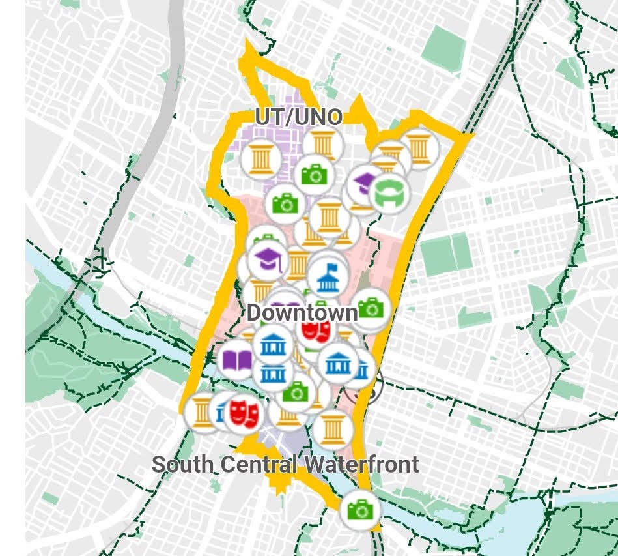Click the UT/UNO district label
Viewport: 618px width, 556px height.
(x=298, y=117)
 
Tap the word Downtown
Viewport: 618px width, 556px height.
(x=302, y=313)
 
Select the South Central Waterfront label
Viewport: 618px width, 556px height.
(x=285, y=465)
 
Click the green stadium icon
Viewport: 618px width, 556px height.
(x=390, y=192)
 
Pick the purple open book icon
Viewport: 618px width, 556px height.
(x=237, y=360)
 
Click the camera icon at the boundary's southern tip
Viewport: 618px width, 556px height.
(x=359, y=509)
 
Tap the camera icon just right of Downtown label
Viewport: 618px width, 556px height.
(x=371, y=308)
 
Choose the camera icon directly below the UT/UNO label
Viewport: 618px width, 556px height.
(x=314, y=174)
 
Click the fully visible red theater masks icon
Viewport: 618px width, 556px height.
(x=245, y=412)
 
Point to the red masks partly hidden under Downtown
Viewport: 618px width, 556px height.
(x=316, y=330)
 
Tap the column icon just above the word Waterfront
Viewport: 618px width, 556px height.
(x=333, y=428)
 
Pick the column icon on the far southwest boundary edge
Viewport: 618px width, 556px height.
(x=202, y=413)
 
